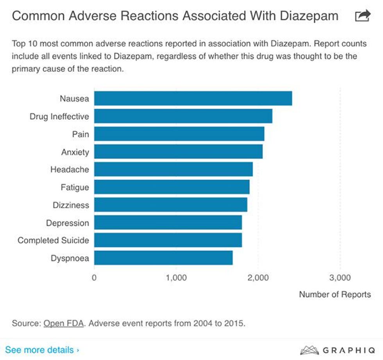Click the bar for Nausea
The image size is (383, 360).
193,98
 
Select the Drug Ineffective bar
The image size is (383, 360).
183,116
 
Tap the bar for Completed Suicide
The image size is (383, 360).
168,240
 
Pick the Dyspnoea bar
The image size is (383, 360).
163,258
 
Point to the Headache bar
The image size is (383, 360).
174,169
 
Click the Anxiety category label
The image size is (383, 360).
75,152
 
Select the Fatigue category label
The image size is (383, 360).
75,187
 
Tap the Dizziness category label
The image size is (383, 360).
71,205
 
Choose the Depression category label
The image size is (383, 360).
67,223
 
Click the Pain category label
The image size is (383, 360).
81,134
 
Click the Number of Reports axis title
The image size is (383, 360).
335,294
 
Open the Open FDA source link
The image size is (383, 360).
63,324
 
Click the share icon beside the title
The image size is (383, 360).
362,16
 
